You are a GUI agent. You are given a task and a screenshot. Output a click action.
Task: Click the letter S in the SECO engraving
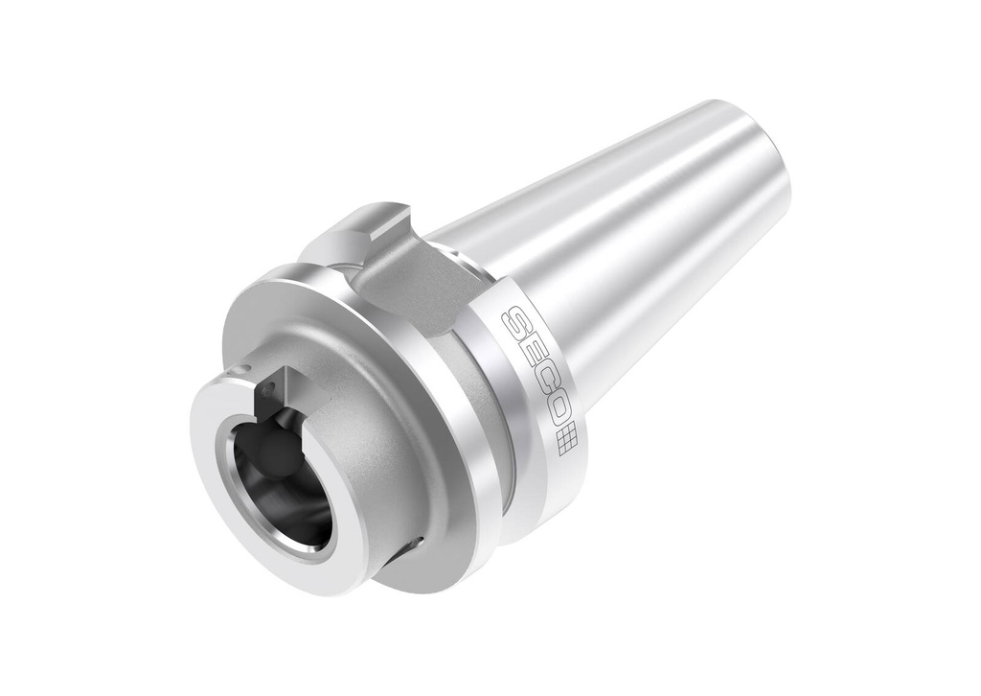click(516, 324)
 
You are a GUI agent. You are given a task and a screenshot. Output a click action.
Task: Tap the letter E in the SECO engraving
click(531, 360)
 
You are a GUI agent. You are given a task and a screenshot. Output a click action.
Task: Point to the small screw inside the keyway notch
click(269, 390)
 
